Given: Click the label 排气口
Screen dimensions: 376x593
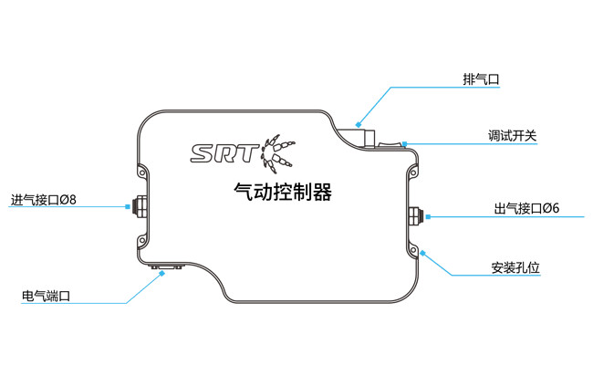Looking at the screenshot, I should point(481,79).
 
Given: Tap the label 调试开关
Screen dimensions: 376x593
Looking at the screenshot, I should point(512,137).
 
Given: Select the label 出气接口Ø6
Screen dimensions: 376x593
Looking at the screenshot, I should point(526,209).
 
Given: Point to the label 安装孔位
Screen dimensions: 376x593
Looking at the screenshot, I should point(515,268).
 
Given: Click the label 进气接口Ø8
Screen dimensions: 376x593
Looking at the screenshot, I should point(44,200).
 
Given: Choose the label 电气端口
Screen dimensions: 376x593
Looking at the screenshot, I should point(46,296).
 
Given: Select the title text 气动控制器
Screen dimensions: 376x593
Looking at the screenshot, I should point(283,193).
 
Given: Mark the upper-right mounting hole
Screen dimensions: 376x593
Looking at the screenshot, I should point(411,171).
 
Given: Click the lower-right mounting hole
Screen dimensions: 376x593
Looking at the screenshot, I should point(412,251).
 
